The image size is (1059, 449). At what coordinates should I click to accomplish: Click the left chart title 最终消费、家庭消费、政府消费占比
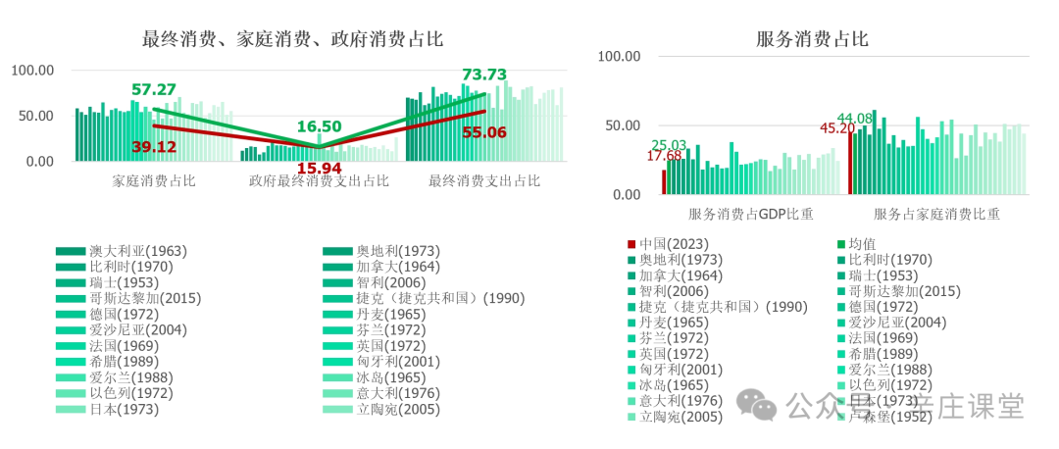(292, 39)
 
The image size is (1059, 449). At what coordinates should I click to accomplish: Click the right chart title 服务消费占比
(812, 39)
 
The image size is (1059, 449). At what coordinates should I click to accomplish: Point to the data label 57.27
(153, 89)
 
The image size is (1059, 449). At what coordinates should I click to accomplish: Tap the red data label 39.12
(154, 146)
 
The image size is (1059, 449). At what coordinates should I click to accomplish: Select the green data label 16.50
(319, 126)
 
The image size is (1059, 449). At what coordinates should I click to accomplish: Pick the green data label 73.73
(484, 75)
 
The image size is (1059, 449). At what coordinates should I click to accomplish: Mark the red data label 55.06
(483, 132)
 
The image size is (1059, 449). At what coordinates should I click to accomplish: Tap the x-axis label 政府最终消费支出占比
(319, 181)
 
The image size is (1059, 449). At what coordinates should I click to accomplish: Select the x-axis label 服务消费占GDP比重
(750, 214)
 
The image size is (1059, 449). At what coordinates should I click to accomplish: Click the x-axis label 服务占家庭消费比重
(936, 214)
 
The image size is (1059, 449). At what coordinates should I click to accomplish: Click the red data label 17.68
(664, 156)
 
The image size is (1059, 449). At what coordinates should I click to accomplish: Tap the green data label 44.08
(855, 119)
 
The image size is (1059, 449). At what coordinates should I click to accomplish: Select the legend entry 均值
(862, 244)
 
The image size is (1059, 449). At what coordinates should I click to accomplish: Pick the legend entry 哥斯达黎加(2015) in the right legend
(891, 291)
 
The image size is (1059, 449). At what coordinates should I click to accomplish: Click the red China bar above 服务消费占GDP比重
(664, 181)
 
